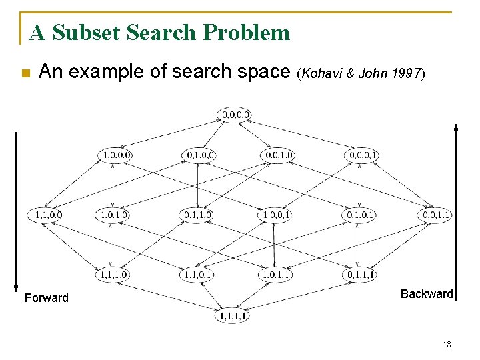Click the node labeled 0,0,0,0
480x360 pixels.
click(x=236, y=115)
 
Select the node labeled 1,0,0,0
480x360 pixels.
click(x=116, y=155)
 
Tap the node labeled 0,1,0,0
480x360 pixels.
click(x=199, y=155)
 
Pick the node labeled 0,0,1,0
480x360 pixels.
click(x=277, y=155)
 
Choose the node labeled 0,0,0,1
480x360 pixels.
click(x=362, y=155)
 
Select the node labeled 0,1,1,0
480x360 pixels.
click(x=197, y=215)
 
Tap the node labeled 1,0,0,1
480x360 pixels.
click(x=275, y=215)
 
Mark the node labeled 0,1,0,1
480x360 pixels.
click(x=359, y=215)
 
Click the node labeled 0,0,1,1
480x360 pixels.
click(x=437, y=215)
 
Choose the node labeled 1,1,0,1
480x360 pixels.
click(x=197, y=274)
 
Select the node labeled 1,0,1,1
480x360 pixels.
click(x=275, y=274)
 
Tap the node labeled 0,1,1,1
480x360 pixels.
click(x=359, y=274)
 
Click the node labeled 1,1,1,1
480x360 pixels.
click(x=231, y=317)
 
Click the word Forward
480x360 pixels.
click(x=46, y=298)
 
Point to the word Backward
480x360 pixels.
click(x=427, y=294)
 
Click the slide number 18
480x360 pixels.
click(x=447, y=344)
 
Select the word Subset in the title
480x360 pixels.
click(x=84, y=32)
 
